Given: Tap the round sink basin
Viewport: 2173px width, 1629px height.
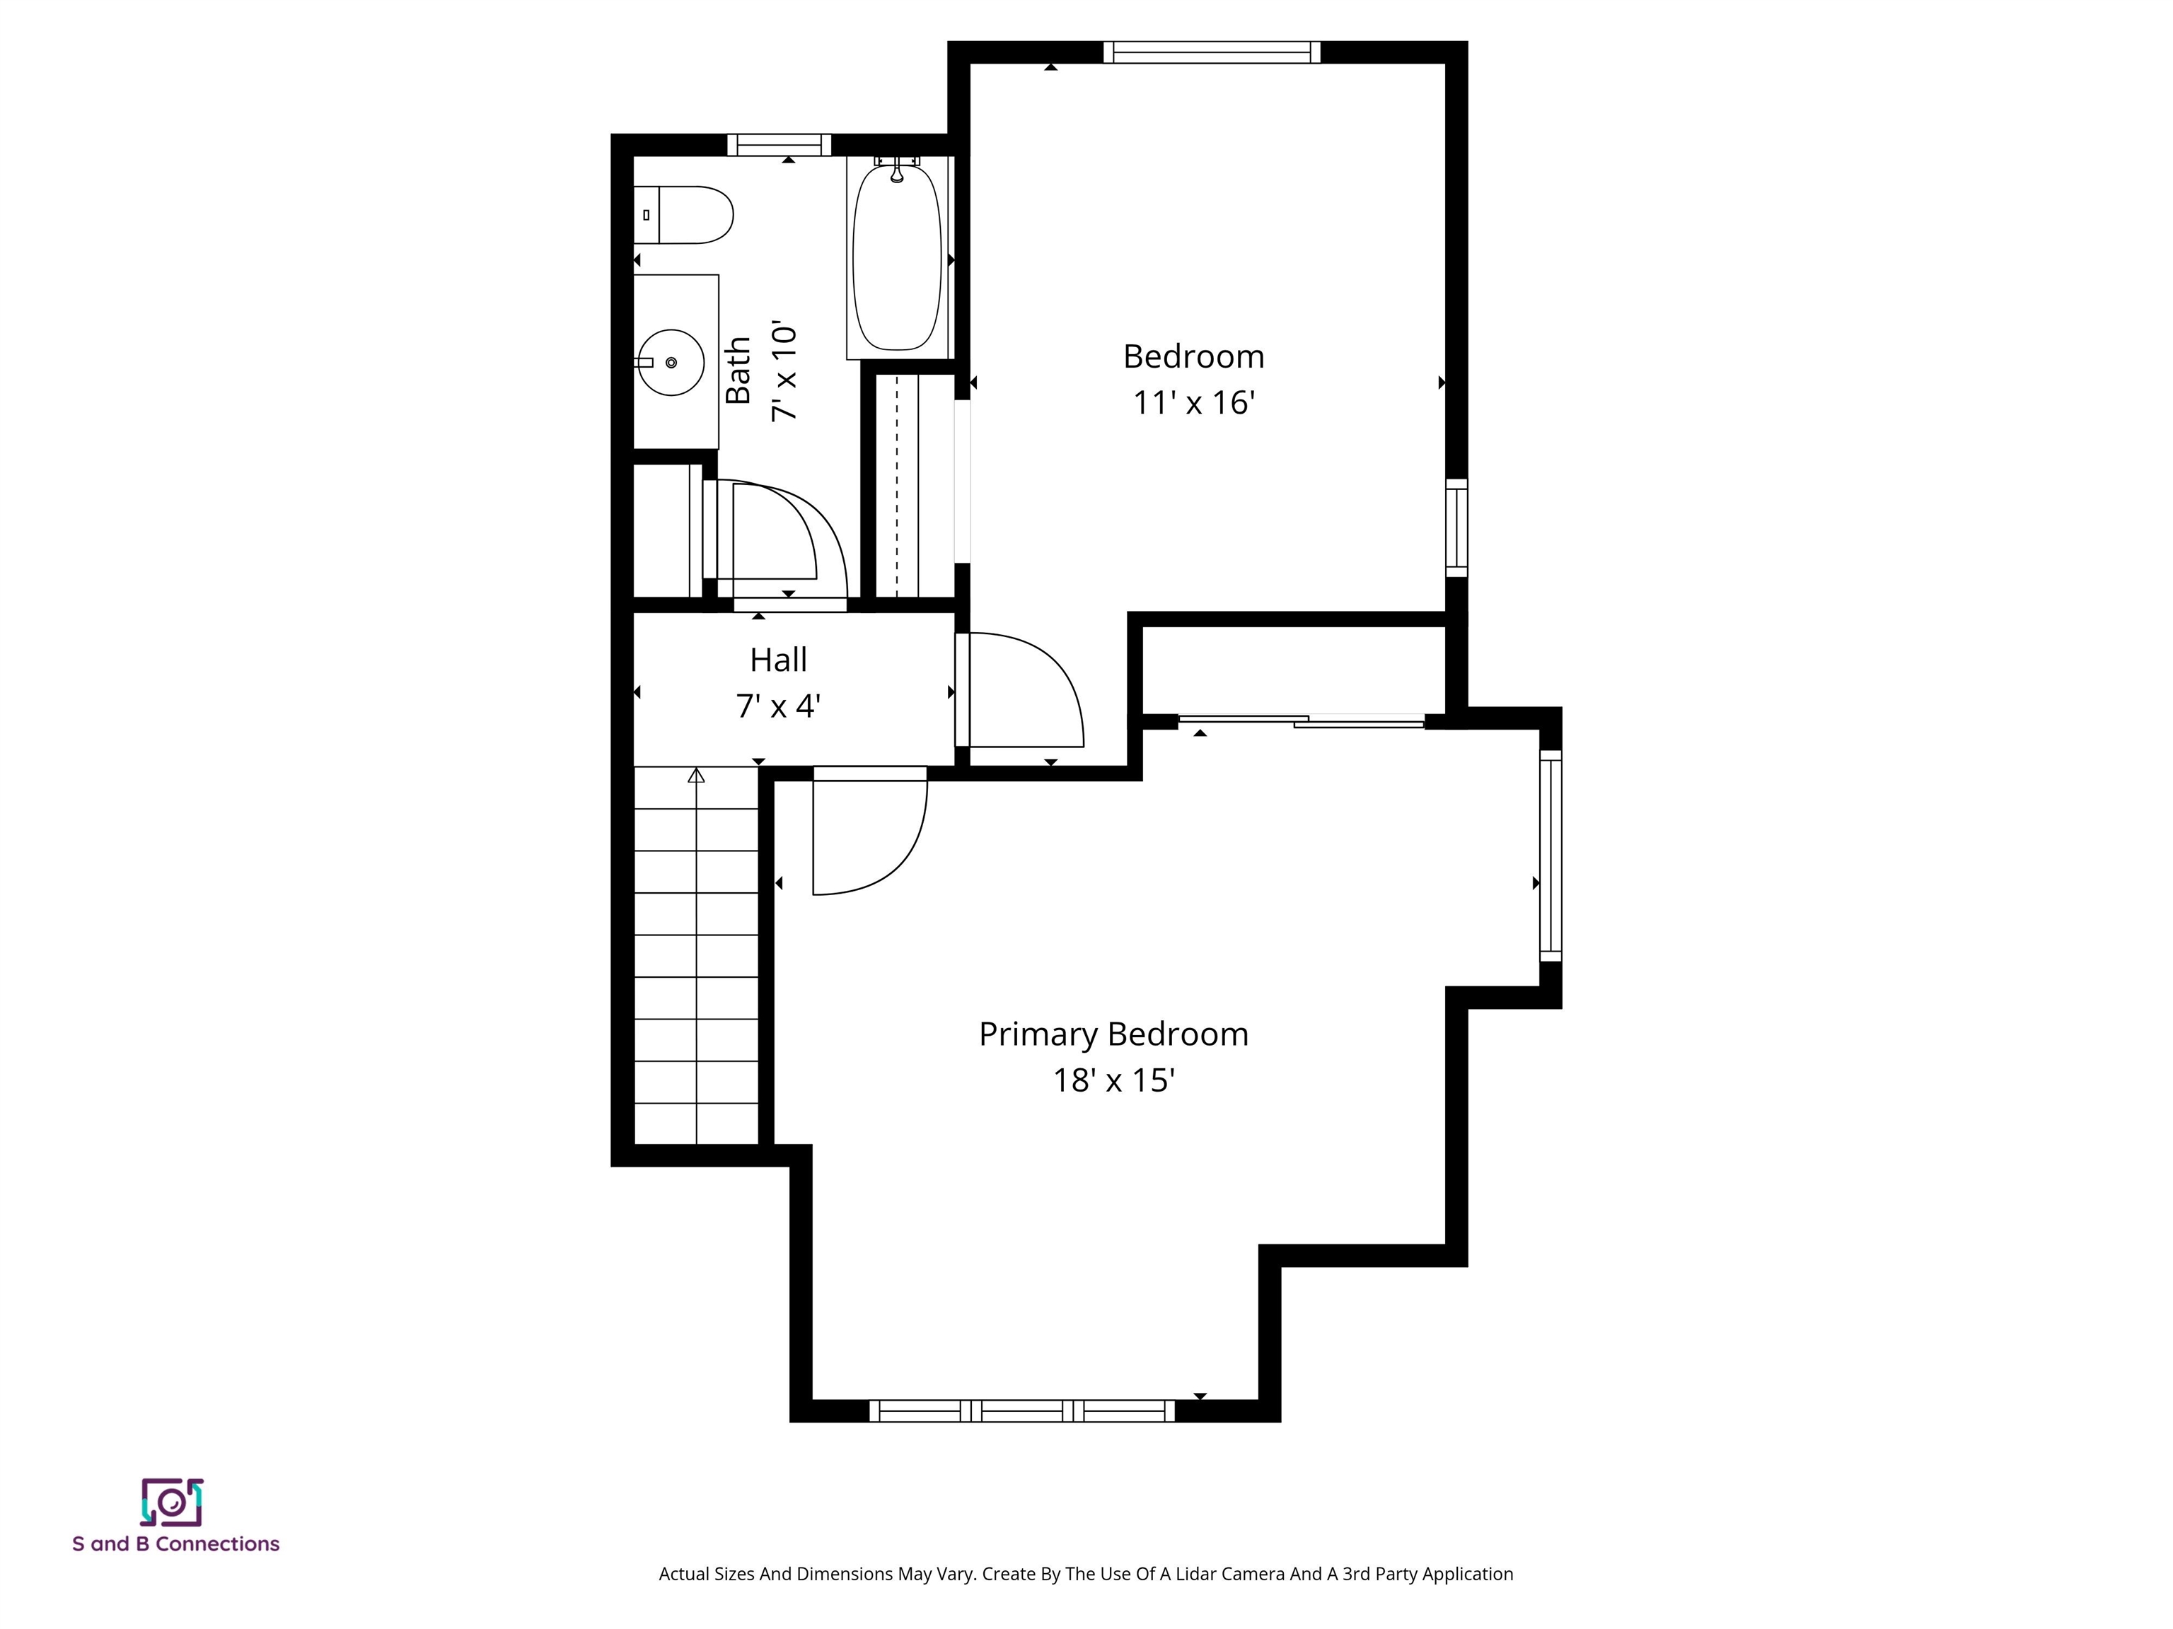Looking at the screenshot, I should pos(671,362).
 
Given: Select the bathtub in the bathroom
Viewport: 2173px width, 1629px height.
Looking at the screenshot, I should pos(897,258).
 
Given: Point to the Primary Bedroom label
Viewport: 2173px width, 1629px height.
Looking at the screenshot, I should pos(1113,1034).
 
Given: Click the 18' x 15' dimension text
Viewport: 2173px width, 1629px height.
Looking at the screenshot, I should pos(1113,1081).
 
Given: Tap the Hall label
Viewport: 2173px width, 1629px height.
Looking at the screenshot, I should pos(778,660).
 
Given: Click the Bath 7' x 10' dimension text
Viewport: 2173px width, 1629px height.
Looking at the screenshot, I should pos(784,370).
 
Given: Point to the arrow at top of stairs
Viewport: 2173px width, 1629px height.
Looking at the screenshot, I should pos(697,776).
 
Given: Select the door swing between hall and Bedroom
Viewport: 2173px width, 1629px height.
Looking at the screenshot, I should pos(1026,687).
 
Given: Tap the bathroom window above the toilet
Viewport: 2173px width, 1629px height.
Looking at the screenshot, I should pos(779,146).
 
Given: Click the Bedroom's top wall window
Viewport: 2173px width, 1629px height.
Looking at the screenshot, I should pos(1211,52).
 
